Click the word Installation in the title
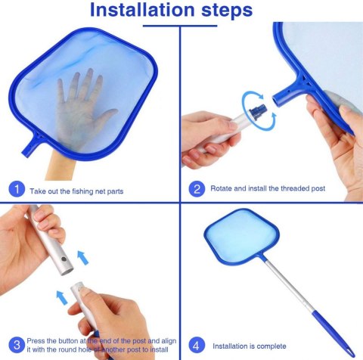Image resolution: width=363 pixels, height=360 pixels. tap(142, 10)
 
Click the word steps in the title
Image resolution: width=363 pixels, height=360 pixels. tap(227, 11)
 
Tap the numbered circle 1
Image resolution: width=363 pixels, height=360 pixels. tap(17, 189)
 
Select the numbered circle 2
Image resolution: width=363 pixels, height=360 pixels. tap(197, 189)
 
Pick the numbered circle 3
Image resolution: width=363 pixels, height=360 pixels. tap(17, 345)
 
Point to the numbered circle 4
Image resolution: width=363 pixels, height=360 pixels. tap(197, 345)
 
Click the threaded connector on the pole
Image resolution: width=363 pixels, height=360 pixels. tap(257, 111)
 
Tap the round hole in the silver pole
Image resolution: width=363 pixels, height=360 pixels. tap(64, 259)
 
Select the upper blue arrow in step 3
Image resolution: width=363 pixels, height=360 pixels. tap(82, 258)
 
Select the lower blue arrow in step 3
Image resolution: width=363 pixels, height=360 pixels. tap(62, 297)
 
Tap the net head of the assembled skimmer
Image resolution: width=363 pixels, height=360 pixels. tap(241, 237)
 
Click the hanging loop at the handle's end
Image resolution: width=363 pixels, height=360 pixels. tap(351, 353)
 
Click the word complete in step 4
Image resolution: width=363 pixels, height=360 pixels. tap(271, 346)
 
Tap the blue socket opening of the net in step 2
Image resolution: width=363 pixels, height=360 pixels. tap(277, 100)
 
